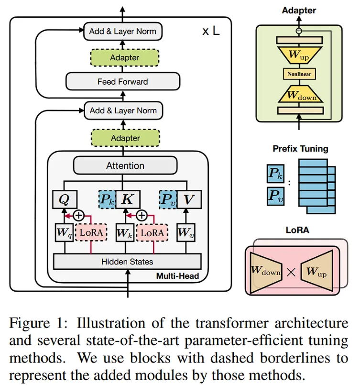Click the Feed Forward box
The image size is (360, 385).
click(123, 82)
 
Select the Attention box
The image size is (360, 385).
click(125, 165)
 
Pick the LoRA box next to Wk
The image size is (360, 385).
click(153, 233)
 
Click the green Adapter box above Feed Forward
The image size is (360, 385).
click(124, 58)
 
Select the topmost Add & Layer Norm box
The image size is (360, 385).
click(123, 32)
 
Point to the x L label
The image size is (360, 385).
click(210, 32)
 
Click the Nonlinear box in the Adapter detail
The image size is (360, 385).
click(299, 74)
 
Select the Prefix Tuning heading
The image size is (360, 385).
click(300, 149)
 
